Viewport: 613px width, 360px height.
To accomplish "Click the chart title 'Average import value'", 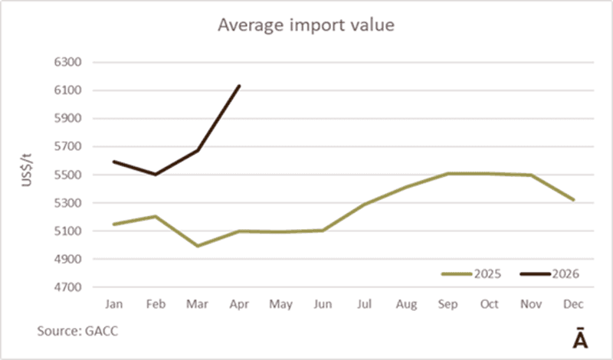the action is pos(306,25).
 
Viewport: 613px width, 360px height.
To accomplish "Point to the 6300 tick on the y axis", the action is pos(67,62).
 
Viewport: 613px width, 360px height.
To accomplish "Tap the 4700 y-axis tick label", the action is pos(67,287).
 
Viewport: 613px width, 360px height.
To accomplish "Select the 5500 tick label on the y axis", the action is pos(67,175).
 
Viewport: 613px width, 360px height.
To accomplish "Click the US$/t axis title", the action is pos(27,170).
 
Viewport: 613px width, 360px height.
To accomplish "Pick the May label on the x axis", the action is pos(280,304).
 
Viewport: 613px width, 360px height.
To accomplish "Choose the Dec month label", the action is pos(573,304).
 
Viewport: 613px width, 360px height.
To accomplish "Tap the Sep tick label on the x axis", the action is pos(447,304).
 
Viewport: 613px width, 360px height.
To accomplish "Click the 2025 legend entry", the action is pos(471,274).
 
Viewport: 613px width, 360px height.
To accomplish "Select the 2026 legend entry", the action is pos(549,274).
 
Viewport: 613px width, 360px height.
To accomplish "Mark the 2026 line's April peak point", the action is pos(239,86).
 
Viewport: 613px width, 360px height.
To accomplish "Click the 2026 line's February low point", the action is pos(156,175).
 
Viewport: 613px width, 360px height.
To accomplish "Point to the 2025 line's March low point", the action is pos(198,246).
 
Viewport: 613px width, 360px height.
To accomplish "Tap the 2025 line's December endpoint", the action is pos(573,200).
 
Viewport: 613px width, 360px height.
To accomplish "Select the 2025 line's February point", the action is pos(156,216).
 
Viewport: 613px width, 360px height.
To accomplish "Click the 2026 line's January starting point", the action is pos(113,162).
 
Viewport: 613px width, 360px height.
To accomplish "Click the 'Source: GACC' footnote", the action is pos(77,331).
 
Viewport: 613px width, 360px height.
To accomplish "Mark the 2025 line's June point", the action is pos(323,231).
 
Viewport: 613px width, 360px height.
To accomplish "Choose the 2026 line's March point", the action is pos(198,150).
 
